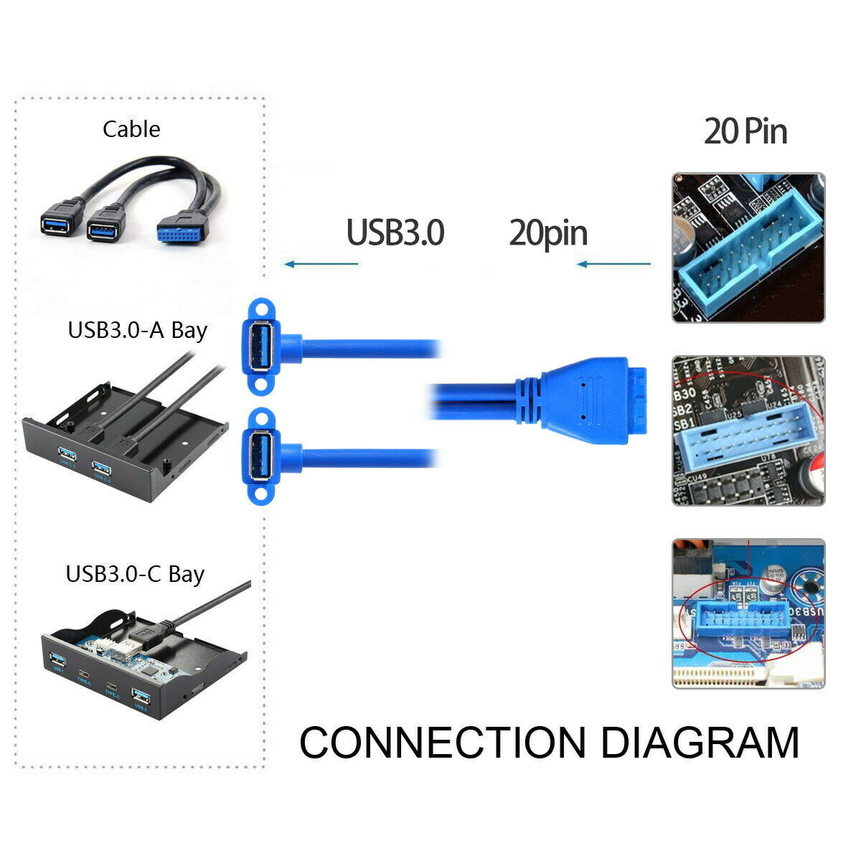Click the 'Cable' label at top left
click(x=131, y=129)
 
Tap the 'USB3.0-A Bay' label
click(x=137, y=330)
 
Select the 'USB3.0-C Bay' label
click(x=135, y=574)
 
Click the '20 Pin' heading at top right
click(x=745, y=131)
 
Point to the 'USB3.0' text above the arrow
click(x=395, y=232)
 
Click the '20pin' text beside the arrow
click(x=548, y=233)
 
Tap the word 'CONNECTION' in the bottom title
click(x=442, y=743)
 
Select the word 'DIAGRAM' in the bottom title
click(x=700, y=743)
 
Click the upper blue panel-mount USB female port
click(x=262, y=346)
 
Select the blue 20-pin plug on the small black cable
click(x=182, y=230)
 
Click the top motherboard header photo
click(x=748, y=248)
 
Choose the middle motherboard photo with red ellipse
click(x=748, y=430)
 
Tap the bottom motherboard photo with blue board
click(x=748, y=614)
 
